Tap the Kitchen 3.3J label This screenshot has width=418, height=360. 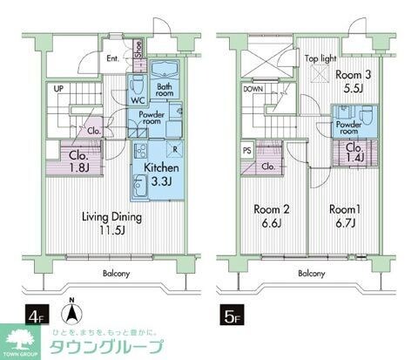(x=160, y=173)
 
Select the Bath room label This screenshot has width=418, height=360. (x=165, y=90)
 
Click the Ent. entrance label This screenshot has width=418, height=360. (x=113, y=60)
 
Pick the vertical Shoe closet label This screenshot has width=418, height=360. (x=139, y=48)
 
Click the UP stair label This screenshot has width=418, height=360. (x=58, y=89)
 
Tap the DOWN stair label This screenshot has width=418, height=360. (x=253, y=89)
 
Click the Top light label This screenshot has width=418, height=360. (x=322, y=60)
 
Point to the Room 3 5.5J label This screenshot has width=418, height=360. (x=352, y=81)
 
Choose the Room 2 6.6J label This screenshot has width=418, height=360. (x=273, y=215)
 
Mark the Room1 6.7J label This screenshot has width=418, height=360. (x=346, y=215)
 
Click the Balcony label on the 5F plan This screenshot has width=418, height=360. (x=312, y=273)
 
